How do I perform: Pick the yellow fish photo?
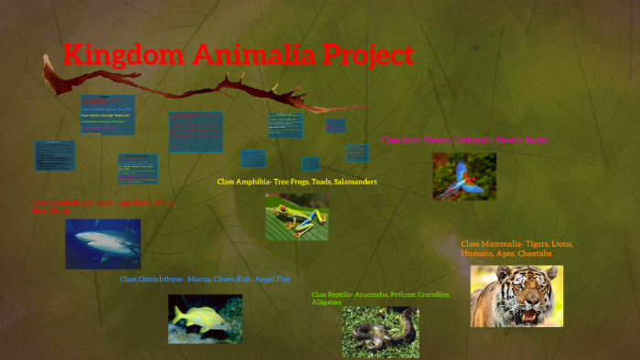(x=205, y=318)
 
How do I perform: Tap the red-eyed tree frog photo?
(x=296, y=217)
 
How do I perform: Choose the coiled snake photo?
(x=380, y=331)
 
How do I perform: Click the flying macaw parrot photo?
(x=464, y=175)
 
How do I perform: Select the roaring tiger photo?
(x=517, y=295)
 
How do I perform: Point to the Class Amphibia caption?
(x=296, y=182)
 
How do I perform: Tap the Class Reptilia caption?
(x=380, y=298)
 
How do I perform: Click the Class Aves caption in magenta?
(x=464, y=140)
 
